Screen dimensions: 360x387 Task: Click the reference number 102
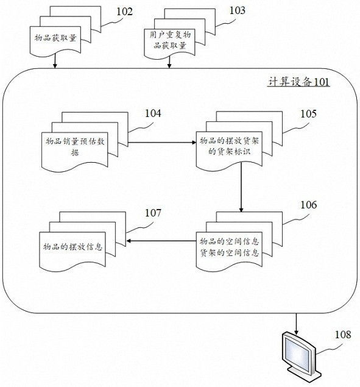click(124, 12)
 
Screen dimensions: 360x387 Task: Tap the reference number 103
click(238, 10)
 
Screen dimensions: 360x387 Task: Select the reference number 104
click(153, 113)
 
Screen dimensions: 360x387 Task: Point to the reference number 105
click(308, 114)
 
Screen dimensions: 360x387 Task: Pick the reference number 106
click(308, 205)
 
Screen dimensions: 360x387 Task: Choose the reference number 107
click(153, 213)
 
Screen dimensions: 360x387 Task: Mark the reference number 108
click(343, 335)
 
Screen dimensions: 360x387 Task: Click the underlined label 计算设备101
click(298, 82)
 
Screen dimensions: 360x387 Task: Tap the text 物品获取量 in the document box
click(55, 38)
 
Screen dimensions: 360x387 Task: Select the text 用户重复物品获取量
click(170, 40)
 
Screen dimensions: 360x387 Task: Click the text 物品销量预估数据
click(75, 147)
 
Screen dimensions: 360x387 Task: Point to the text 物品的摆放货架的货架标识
click(229, 146)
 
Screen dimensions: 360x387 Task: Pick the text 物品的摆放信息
click(72, 247)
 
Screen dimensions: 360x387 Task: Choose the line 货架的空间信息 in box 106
click(229, 253)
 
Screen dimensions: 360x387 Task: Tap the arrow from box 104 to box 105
click(162, 143)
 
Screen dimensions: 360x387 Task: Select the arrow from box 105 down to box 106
click(241, 188)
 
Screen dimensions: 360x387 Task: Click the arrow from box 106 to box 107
click(161, 241)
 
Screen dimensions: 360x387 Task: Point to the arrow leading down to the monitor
click(296, 324)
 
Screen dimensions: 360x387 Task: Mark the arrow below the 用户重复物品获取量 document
click(169, 62)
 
